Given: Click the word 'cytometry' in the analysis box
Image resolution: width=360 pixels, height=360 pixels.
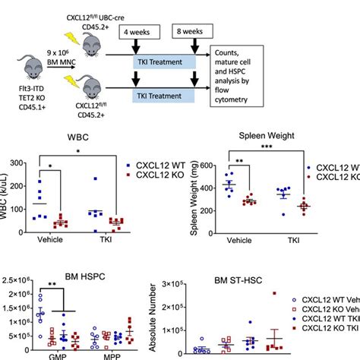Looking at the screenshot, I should click(x=239, y=96).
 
